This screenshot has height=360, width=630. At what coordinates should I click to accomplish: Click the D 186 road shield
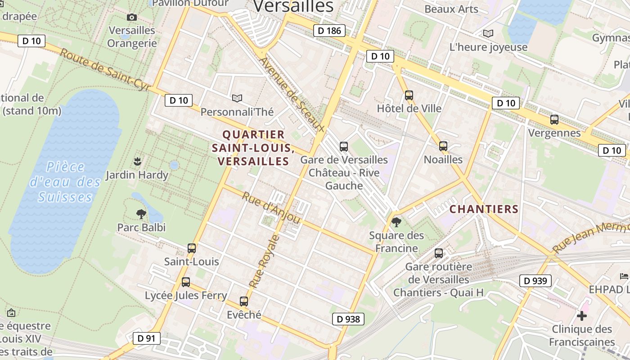pyautogui.click(x=329, y=31)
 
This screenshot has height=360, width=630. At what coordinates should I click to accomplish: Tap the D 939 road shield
pyautogui.click(x=535, y=281)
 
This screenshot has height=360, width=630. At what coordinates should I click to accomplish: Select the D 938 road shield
pyautogui.click(x=348, y=319)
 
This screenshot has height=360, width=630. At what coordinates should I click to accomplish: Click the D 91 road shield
pyautogui.click(x=146, y=338)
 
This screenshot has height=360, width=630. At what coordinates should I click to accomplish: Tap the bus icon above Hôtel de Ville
pyautogui.click(x=409, y=95)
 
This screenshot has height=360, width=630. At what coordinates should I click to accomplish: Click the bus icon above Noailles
pyautogui.click(x=443, y=146)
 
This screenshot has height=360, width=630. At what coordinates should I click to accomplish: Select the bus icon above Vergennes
pyautogui.click(x=554, y=120)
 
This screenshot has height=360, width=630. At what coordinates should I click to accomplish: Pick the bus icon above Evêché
pyautogui.click(x=244, y=301)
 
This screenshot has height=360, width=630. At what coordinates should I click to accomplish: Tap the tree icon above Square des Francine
pyautogui.click(x=396, y=222)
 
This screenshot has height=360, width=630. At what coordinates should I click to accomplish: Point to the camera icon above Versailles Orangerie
pyautogui.click(x=131, y=18)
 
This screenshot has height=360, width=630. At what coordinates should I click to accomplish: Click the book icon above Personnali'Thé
pyautogui.click(x=237, y=98)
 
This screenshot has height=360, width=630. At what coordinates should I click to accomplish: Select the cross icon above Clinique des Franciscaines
pyautogui.click(x=582, y=316)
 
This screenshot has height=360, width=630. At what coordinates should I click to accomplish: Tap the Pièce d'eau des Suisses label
pyautogui.click(x=65, y=182)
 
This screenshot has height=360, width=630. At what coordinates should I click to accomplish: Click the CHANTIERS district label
pyautogui.click(x=484, y=209)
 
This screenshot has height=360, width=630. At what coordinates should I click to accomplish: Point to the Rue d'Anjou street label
pyautogui.click(x=271, y=208)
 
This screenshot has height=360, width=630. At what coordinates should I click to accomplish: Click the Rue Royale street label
pyautogui.click(x=265, y=261)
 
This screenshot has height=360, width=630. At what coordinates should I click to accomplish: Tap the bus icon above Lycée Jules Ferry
pyautogui.click(x=185, y=282)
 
